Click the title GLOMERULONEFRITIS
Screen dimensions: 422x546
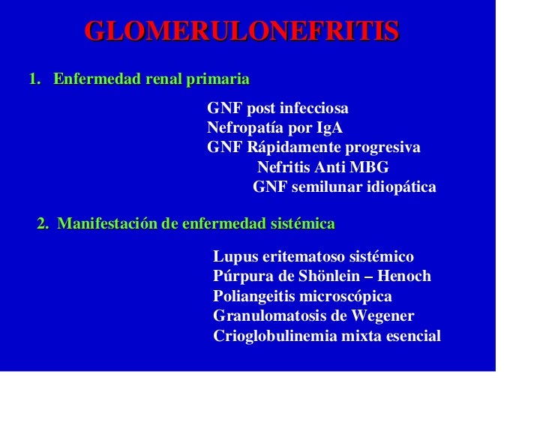click(241, 31)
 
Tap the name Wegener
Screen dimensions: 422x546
click(380, 316)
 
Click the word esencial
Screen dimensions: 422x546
click(411, 337)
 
